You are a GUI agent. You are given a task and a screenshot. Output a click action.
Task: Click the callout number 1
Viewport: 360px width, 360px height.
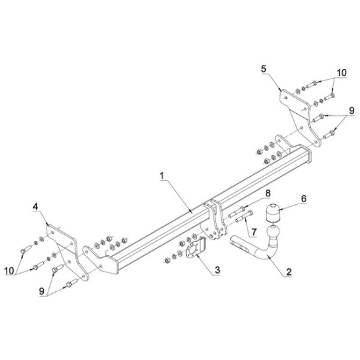pyautogui.click(x=162, y=175)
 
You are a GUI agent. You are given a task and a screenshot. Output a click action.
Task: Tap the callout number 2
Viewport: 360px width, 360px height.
pyautogui.click(x=289, y=272)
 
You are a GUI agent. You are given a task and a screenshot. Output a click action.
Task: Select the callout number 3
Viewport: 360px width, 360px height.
pyautogui.click(x=217, y=270)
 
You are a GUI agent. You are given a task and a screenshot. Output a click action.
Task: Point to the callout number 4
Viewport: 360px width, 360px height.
pyautogui.click(x=35, y=207)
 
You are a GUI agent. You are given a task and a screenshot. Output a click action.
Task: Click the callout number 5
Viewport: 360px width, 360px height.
pyautogui.click(x=264, y=69)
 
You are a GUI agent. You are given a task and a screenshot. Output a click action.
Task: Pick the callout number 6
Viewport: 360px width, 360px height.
pyautogui.click(x=304, y=198)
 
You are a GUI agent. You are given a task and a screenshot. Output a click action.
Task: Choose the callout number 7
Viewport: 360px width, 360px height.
pyautogui.click(x=253, y=232)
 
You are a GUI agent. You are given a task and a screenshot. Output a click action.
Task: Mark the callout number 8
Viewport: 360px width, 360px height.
pyautogui.click(x=268, y=193)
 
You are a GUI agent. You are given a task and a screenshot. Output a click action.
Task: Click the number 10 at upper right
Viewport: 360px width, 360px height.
pyautogui.click(x=342, y=73)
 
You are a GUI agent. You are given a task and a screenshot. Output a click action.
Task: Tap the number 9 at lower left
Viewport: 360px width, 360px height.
pyautogui.click(x=41, y=291)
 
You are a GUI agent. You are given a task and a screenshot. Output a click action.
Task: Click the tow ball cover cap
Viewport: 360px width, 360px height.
pyautogui.click(x=273, y=213)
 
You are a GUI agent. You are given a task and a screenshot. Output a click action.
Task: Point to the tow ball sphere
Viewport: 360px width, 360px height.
pyautogui.click(x=274, y=232)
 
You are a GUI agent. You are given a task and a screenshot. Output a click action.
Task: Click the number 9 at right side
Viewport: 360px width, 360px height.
pyautogui.click(x=351, y=111)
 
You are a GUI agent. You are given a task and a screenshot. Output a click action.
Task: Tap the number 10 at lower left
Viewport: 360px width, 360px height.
pyautogui.click(x=9, y=271)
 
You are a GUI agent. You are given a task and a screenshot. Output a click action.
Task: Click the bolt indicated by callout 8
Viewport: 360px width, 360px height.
pyautogui.click(x=237, y=212)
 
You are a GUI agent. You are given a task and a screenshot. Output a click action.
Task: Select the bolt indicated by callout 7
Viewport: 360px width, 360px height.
pyautogui.click(x=244, y=216)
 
